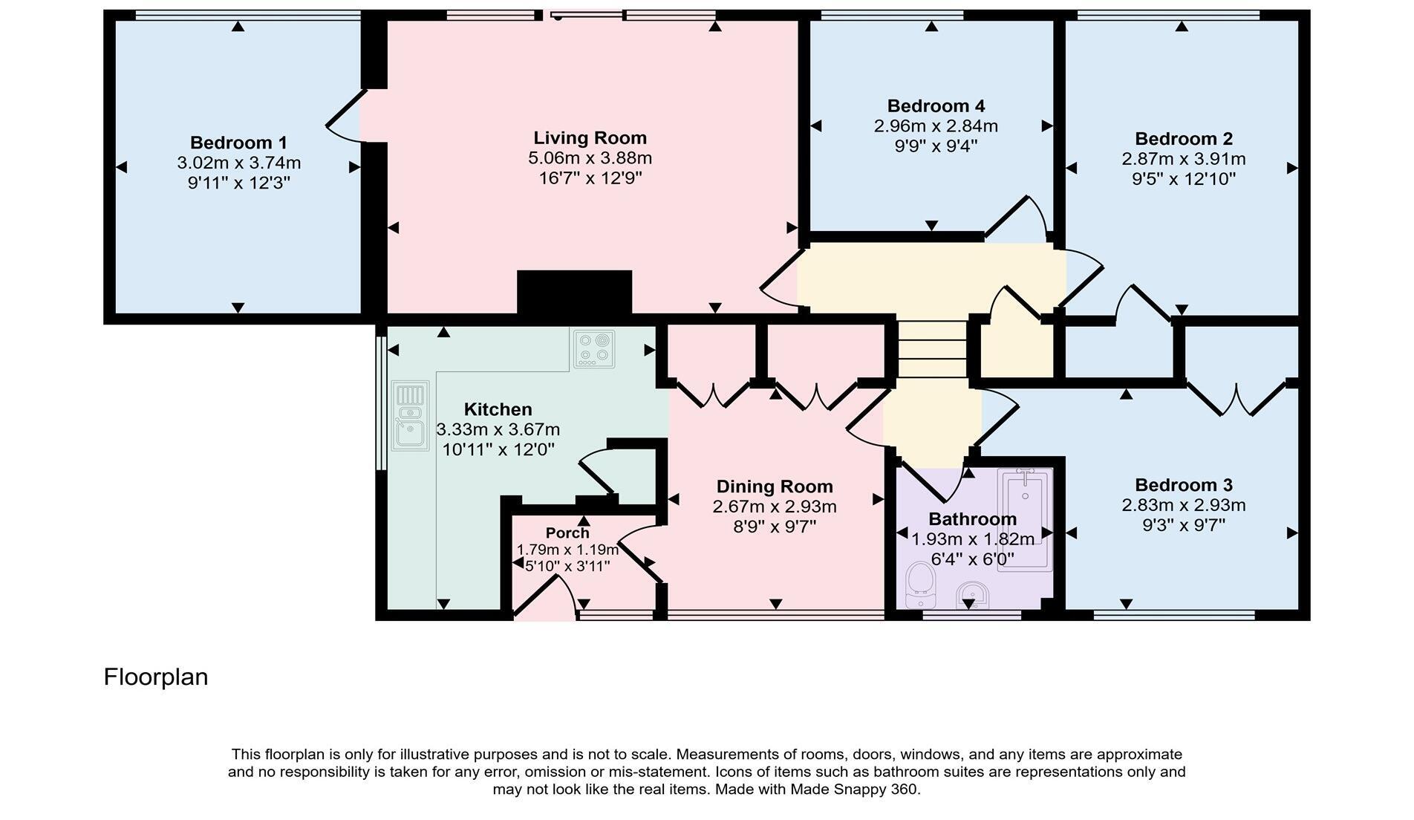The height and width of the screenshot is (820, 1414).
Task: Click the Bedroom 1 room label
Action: pos(238,143)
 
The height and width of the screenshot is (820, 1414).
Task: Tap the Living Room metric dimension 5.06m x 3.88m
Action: pos(590,158)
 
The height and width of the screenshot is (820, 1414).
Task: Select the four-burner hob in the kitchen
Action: pos(594,349)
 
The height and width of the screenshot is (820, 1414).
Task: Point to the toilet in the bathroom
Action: pos(921,579)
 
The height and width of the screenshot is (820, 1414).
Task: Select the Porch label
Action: pos(567,533)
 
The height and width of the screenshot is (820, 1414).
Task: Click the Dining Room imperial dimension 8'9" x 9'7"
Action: pos(774,527)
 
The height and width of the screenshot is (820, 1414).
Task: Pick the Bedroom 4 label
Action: pos(936,106)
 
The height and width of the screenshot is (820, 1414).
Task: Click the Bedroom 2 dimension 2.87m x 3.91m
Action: pos(1183,159)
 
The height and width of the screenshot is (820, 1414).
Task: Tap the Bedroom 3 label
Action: pos(1183,485)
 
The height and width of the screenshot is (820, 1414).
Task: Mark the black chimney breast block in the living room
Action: pos(574,293)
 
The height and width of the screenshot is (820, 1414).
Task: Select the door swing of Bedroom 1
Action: pos(345,119)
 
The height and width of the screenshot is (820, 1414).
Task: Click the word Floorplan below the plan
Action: pos(156,677)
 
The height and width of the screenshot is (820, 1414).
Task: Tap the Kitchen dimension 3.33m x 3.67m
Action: pos(498,429)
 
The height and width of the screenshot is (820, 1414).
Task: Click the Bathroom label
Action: pos(972,519)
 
